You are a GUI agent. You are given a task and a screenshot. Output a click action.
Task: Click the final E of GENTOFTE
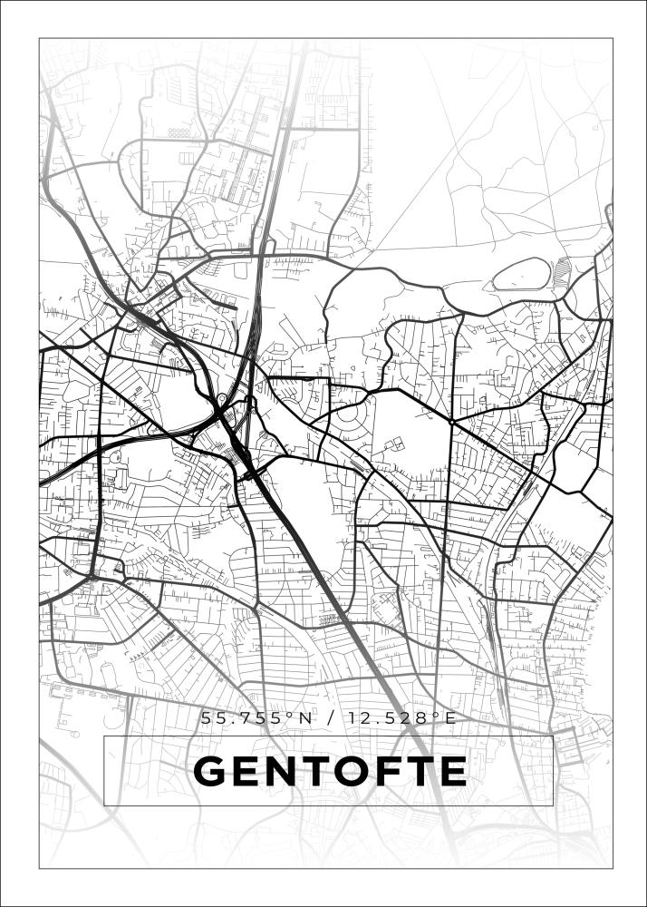pyautogui.click(x=452, y=772)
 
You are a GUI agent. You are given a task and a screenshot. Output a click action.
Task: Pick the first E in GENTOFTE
pyautogui.click(x=247, y=772)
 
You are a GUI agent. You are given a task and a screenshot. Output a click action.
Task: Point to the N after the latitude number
pyautogui.click(x=305, y=718)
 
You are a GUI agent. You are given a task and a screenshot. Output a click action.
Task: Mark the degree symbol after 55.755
pyautogui.click(x=291, y=716)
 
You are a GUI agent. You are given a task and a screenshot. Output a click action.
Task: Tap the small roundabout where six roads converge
pyautogui.click(x=451, y=422)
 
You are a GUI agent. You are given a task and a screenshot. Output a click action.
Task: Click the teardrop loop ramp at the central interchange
pyautogui.click(x=222, y=399)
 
